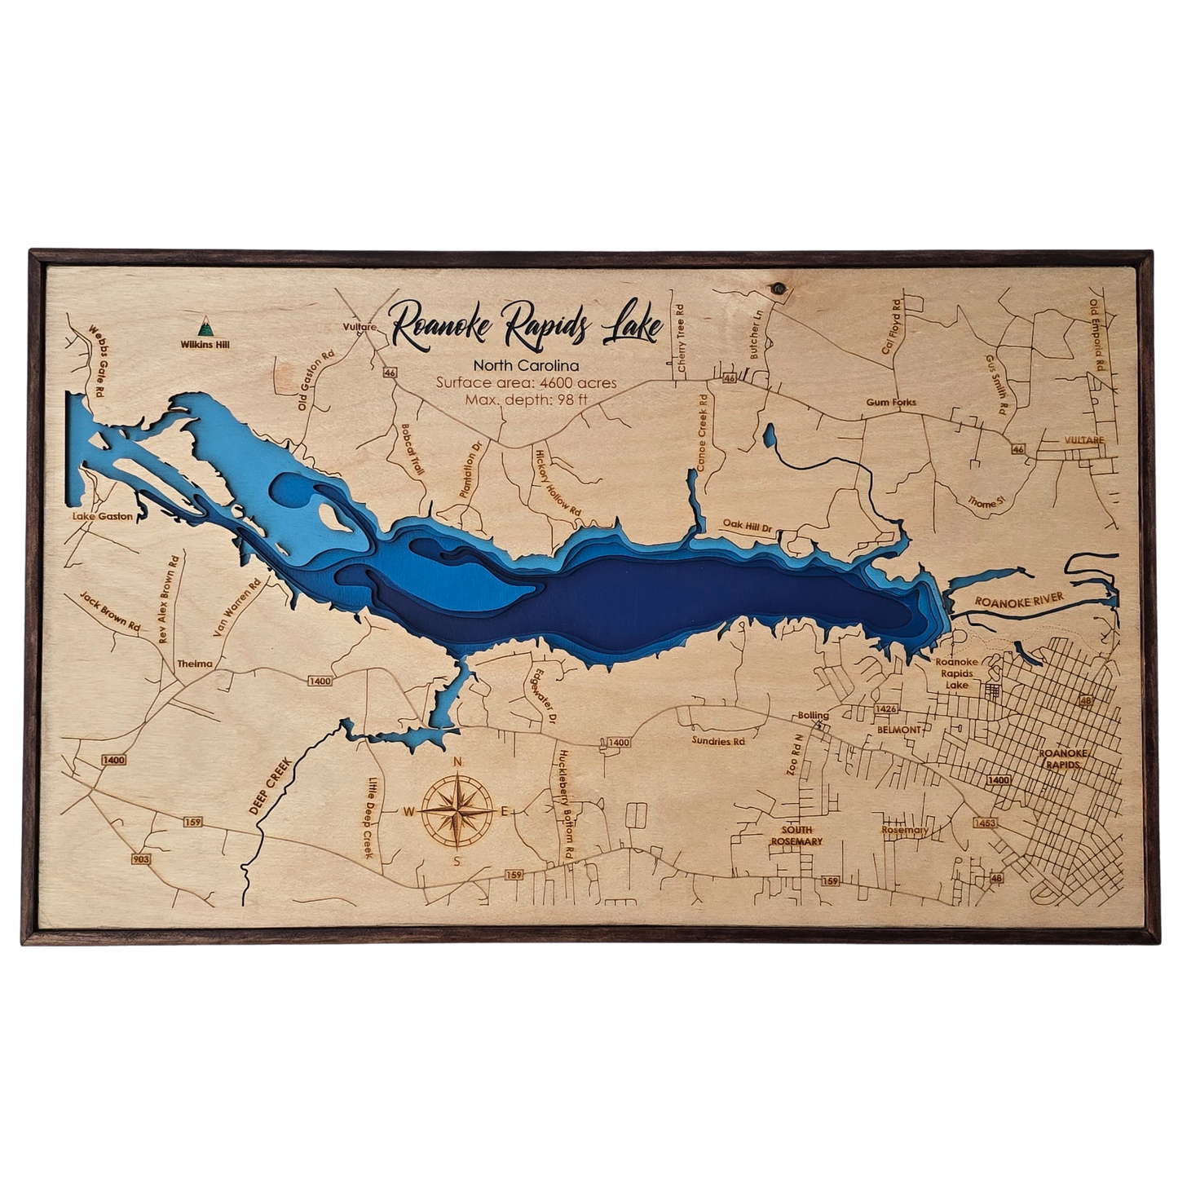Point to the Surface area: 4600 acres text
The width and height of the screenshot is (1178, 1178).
click(526, 382)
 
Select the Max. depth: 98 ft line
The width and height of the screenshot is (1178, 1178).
click(526, 399)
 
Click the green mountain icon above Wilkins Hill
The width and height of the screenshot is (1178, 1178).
click(205, 328)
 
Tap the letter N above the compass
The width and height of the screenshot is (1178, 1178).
click(457, 762)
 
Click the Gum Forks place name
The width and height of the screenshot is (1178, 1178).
click(891, 402)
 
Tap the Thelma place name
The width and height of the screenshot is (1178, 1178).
click(194, 664)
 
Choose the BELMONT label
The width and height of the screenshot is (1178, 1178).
click(898, 730)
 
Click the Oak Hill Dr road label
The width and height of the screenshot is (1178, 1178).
click(748, 526)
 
